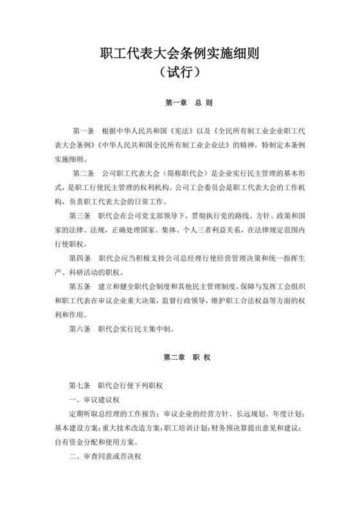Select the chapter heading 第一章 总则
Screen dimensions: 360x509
pos(180,102)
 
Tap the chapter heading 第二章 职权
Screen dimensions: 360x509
pos(180,355)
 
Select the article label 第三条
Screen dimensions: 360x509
pos(80,216)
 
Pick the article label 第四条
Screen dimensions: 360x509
pos(80,258)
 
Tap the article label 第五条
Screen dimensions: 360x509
pos(80,287)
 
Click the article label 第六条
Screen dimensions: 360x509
pos(80,330)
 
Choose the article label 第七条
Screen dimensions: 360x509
pos(80,386)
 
